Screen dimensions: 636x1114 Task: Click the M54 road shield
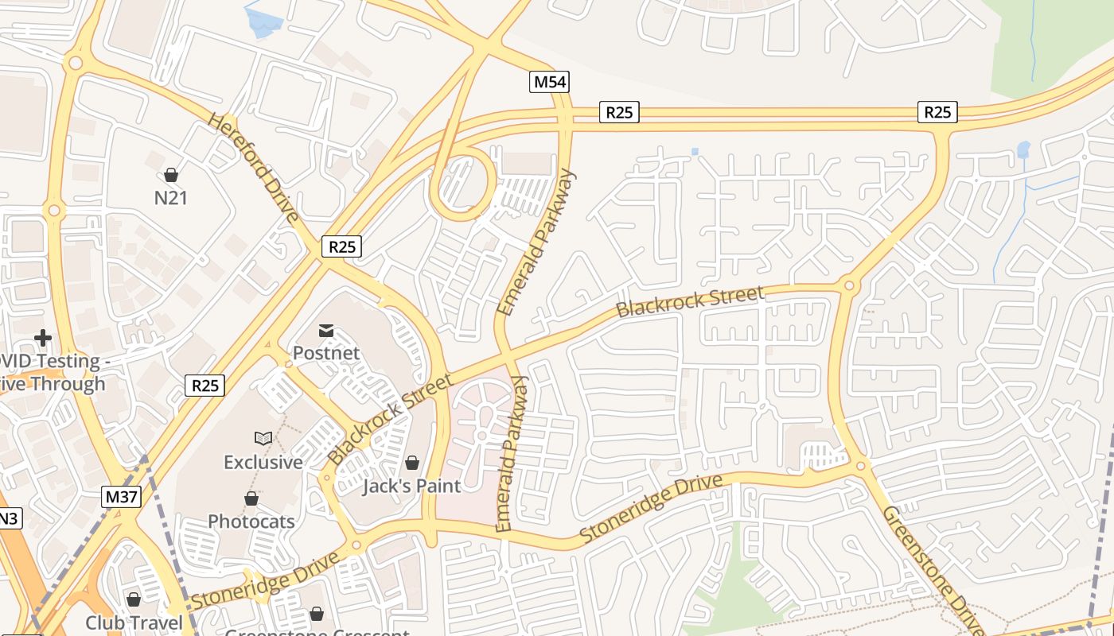[x=551, y=82]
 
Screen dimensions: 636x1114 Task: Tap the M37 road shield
[x=122, y=498]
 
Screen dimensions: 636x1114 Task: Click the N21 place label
[x=171, y=197]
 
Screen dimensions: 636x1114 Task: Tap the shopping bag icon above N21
[x=171, y=175]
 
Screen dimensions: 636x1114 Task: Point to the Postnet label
[x=326, y=352]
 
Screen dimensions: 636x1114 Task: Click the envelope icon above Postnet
[x=326, y=330]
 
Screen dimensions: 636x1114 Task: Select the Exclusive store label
[x=263, y=462]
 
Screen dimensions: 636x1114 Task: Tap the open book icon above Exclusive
[x=263, y=438]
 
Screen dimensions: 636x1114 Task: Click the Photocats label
[x=251, y=522]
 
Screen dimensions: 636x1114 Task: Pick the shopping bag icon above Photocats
[x=251, y=498]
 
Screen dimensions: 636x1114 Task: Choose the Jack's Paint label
[x=411, y=486]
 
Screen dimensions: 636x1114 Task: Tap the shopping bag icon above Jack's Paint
[x=412, y=462]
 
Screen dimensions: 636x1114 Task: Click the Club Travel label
[x=134, y=622]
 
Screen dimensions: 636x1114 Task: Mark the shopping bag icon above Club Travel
[x=134, y=599]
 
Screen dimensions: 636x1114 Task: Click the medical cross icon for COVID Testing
[x=43, y=338]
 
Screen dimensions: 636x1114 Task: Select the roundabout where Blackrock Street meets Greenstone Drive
[x=849, y=285]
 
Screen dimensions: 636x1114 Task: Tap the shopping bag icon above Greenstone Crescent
[x=317, y=614]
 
